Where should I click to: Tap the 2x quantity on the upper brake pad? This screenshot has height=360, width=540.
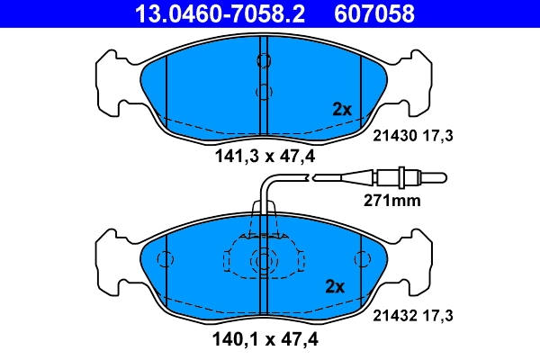point(341,110)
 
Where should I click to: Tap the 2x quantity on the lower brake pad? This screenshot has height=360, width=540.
point(334,287)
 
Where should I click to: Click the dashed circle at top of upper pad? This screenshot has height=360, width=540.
point(264,60)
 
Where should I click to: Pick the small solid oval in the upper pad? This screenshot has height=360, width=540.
point(262,92)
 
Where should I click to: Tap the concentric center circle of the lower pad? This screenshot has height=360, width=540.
point(264,261)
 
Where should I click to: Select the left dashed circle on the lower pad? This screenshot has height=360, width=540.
point(165,260)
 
